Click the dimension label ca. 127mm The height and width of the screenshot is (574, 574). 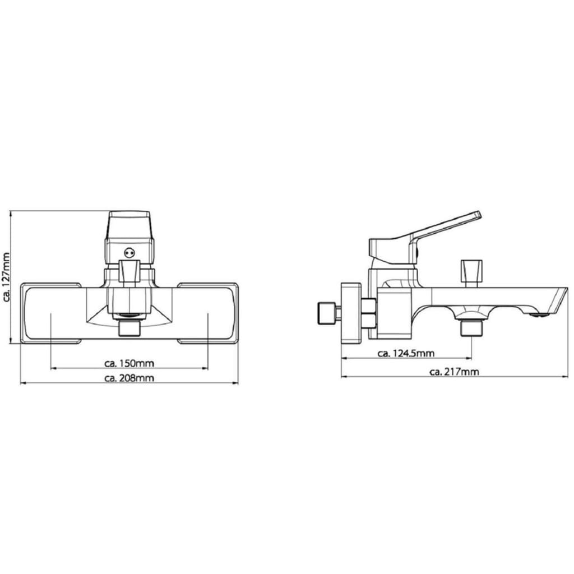pos(6,276)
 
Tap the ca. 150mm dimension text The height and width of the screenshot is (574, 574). pos(129,363)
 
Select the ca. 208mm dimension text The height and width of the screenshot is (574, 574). pos(129,378)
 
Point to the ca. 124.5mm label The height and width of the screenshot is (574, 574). pos(406,353)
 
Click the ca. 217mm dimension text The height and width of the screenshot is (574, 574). pos(454,372)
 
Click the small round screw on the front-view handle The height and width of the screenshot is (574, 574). pos(129,252)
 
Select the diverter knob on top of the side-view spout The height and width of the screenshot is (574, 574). pos(471,273)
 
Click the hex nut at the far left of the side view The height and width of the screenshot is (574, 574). pos(327,313)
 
